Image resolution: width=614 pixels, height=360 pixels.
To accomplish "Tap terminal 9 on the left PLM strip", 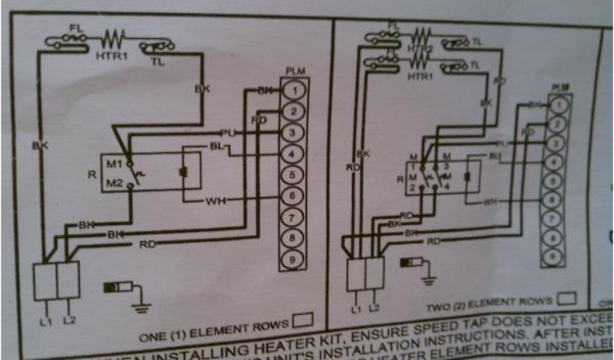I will tap(293, 260).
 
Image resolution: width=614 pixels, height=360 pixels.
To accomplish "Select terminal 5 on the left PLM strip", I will tap(293, 175).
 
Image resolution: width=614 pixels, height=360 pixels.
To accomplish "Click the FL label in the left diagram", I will tap(76, 28).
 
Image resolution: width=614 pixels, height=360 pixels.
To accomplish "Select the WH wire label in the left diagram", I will tap(215, 200).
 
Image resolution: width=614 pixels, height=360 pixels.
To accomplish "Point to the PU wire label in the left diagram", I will tap(227, 132).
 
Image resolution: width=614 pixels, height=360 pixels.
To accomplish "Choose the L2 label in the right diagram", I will tap(374, 308).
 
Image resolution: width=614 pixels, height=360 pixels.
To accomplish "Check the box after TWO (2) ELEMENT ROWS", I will tap(567, 298).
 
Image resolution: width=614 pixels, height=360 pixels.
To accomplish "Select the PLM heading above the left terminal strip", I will tap(295, 71).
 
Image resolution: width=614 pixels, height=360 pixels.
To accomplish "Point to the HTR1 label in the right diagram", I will tap(420, 77).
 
